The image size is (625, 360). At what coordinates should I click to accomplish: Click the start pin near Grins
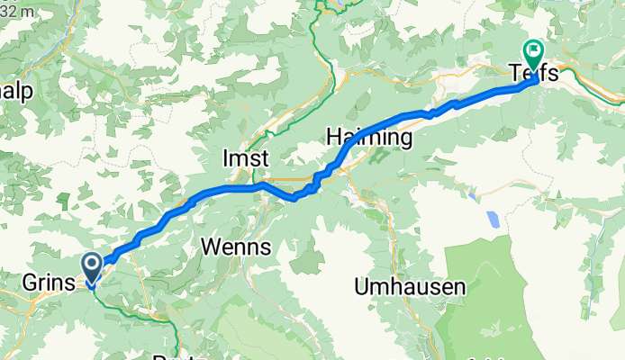[x=92, y=267]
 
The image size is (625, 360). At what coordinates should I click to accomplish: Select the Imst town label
[x=246, y=158]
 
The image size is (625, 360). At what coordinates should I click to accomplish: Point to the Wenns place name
[x=235, y=244]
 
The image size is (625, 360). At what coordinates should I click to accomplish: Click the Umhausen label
[x=410, y=287]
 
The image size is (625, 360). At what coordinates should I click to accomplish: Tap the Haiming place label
[x=369, y=138]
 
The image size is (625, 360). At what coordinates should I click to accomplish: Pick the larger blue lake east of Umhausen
[x=493, y=219]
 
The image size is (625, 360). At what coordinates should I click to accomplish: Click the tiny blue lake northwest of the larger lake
[x=471, y=193]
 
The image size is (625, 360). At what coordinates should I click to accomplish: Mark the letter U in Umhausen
[x=362, y=287]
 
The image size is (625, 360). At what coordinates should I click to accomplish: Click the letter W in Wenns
[x=211, y=244]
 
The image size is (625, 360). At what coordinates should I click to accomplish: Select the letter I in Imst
[x=225, y=158]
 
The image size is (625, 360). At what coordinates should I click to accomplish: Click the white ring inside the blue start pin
[x=92, y=264]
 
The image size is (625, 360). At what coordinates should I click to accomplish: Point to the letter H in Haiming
[x=333, y=138]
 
